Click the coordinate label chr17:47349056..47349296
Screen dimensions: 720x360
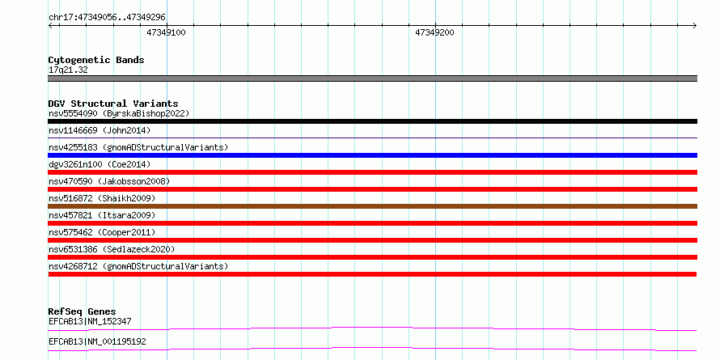tap(107, 18)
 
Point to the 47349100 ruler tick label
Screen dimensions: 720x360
tap(166, 32)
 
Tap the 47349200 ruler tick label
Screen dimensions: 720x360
tap(434, 32)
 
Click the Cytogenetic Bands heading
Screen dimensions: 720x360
tap(96, 60)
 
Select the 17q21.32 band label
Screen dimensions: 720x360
tap(68, 70)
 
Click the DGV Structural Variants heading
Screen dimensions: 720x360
tap(113, 104)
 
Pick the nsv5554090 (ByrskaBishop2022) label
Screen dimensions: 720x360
tap(119, 113)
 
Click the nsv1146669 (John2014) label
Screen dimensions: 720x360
tap(100, 130)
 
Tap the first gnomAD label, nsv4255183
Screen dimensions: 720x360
tap(138, 147)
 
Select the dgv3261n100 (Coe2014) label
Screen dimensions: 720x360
tap(100, 164)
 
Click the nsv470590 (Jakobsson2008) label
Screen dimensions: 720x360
tap(109, 181)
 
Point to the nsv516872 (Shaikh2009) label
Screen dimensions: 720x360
tap(102, 198)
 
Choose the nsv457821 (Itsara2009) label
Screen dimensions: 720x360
tap(102, 215)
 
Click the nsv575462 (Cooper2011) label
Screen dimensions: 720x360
tap(102, 232)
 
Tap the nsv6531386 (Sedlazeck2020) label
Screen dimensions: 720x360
tap(112, 249)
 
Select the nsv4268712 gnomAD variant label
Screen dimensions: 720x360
tap(138, 266)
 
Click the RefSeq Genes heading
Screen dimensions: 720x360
tap(83, 312)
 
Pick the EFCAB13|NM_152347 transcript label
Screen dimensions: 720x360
tap(90, 321)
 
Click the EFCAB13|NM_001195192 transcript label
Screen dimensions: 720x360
tap(97, 342)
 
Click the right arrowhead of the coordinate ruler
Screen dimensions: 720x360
tap(696, 26)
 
